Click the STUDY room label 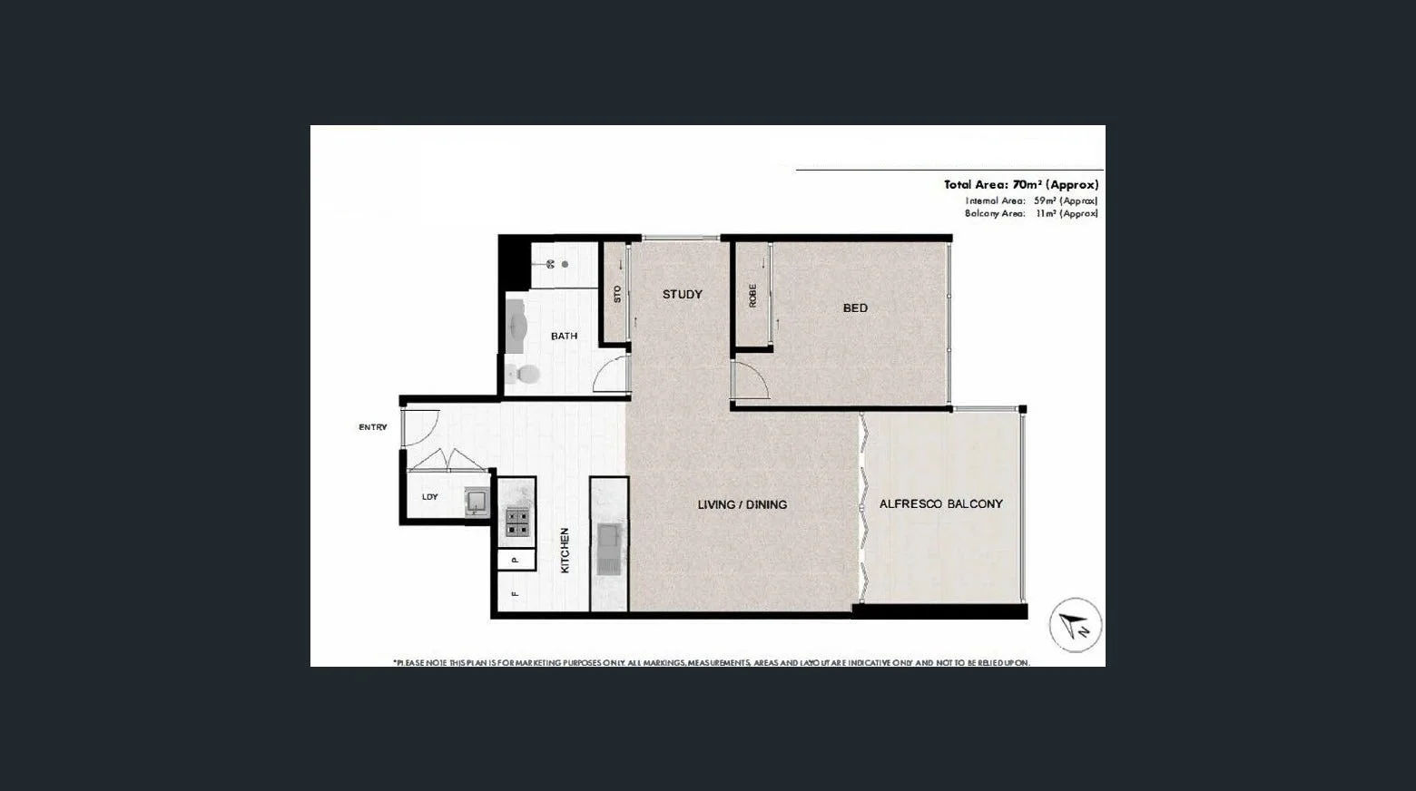(x=682, y=294)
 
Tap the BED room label (x=855, y=308)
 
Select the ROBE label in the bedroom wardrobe (x=752, y=295)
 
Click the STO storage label (x=617, y=294)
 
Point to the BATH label (x=564, y=336)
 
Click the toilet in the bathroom (x=522, y=373)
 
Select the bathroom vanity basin (x=516, y=325)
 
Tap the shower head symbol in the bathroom (x=551, y=264)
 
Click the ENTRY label (x=372, y=427)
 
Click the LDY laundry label (x=430, y=497)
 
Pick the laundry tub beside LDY (x=477, y=501)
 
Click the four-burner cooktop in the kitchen (x=517, y=522)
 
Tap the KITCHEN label (x=565, y=550)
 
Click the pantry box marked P (x=516, y=560)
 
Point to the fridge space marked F (x=515, y=594)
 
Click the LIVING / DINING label (x=742, y=504)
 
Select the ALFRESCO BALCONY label (x=940, y=503)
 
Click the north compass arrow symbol (x=1076, y=625)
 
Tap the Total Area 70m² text (x=1020, y=184)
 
